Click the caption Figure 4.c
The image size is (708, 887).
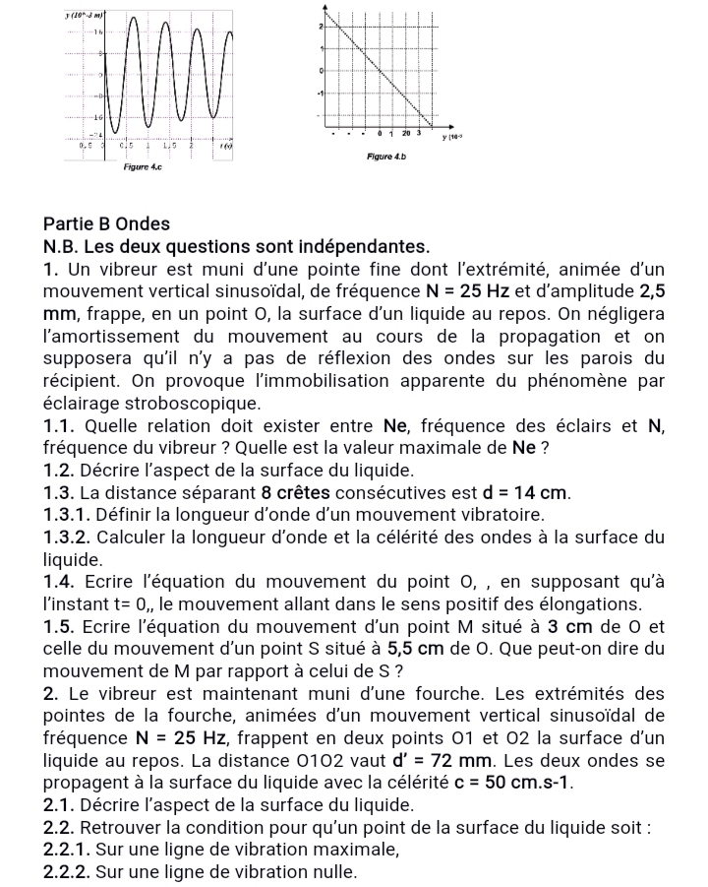click(142, 168)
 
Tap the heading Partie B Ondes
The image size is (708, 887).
click(107, 223)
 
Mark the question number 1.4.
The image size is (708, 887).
click(60, 581)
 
